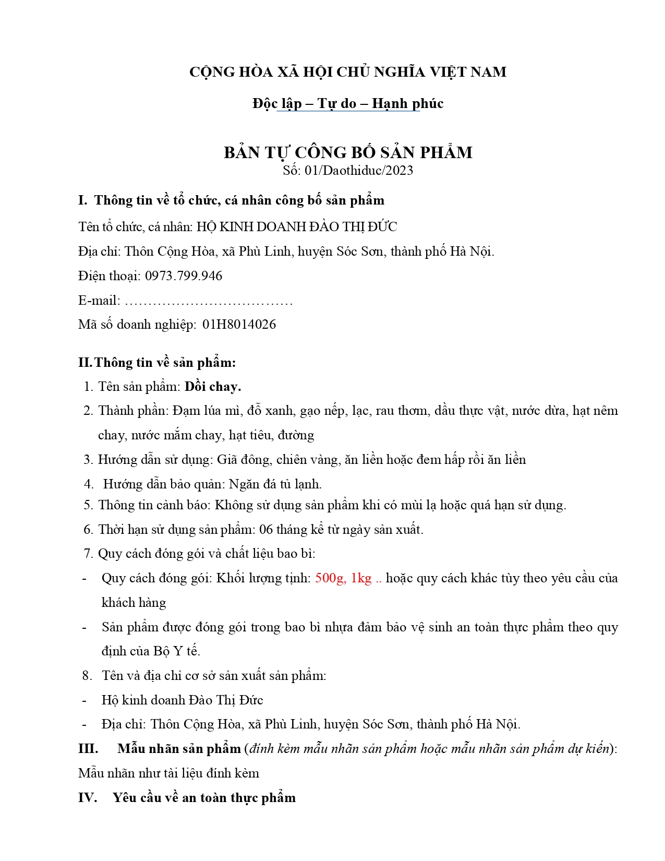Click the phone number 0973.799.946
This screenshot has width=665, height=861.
(x=184, y=276)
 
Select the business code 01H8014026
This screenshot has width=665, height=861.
(x=239, y=325)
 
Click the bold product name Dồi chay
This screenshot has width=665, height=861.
(x=213, y=387)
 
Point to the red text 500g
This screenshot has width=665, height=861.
(x=329, y=578)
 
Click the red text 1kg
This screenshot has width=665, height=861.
(x=361, y=578)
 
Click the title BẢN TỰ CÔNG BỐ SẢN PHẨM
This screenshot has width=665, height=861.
(x=348, y=152)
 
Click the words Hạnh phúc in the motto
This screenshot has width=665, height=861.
(x=407, y=103)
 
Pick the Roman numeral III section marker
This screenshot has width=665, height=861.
(x=88, y=749)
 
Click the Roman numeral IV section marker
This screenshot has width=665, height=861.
(x=88, y=798)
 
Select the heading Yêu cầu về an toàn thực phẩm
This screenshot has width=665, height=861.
(x=204, y=798)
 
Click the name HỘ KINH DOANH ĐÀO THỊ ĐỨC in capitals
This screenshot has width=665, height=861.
(x=297, y=227)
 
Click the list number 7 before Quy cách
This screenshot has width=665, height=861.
(x=88, y=554)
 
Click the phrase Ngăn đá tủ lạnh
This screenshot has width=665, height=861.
(x=275, y=484)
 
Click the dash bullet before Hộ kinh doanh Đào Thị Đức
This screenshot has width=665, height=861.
(x=84, y=700)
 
